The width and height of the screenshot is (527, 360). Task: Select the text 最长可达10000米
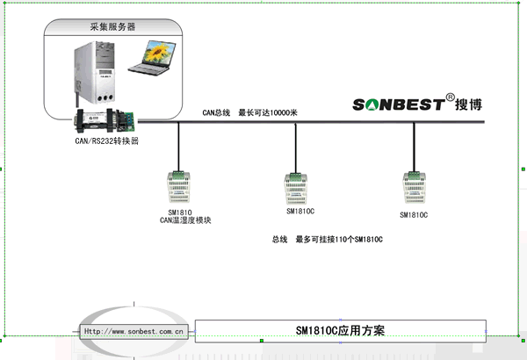click(274, 112)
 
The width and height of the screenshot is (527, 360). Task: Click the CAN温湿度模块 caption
click(185, 220)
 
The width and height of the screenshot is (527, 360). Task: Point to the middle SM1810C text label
click(300, 211)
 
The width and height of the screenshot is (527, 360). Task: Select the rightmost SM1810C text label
click(414, 214)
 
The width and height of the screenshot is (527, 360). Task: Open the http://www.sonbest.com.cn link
click(133, 331)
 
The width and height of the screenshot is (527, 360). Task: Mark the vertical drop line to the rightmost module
click(413, 145)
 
